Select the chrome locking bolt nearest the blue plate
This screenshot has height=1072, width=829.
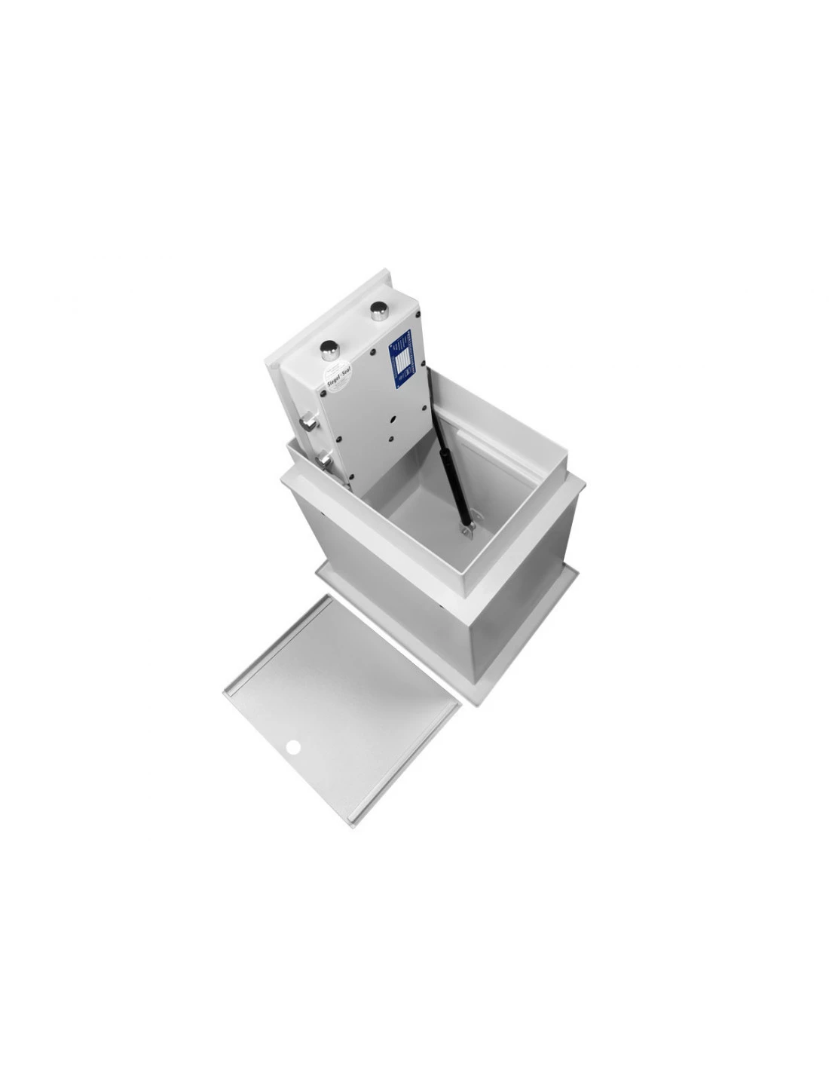pos(379,310)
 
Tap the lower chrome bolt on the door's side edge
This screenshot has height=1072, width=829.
pos(325,458)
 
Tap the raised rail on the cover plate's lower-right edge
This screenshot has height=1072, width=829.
pos(407,761)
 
